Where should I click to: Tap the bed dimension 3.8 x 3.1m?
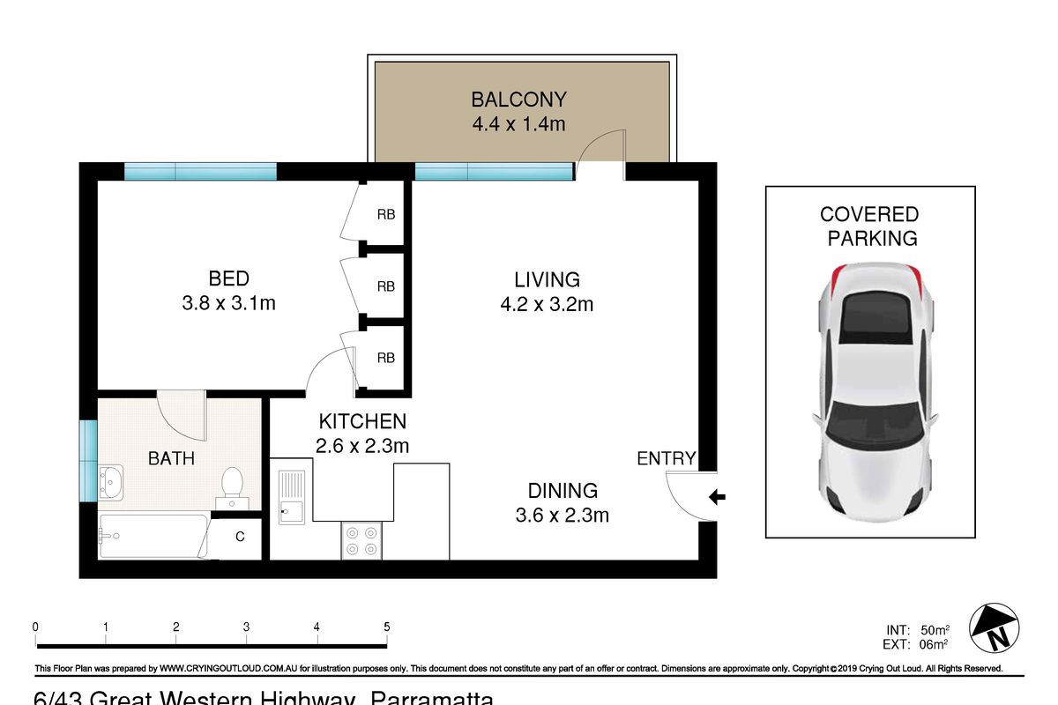(228, 304)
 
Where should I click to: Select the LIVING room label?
(547, 279)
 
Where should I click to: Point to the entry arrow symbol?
(717, 498)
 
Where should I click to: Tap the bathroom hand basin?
(111, 481)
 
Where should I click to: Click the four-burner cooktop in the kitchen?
(361, 540)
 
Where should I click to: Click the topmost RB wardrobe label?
(385, 214)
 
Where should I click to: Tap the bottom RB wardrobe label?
(385, 358)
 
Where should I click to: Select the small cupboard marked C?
(240, 536)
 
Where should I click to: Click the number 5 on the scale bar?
(386, 627)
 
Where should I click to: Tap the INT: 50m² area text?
(917, 630)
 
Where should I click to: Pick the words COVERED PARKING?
(868, 226)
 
